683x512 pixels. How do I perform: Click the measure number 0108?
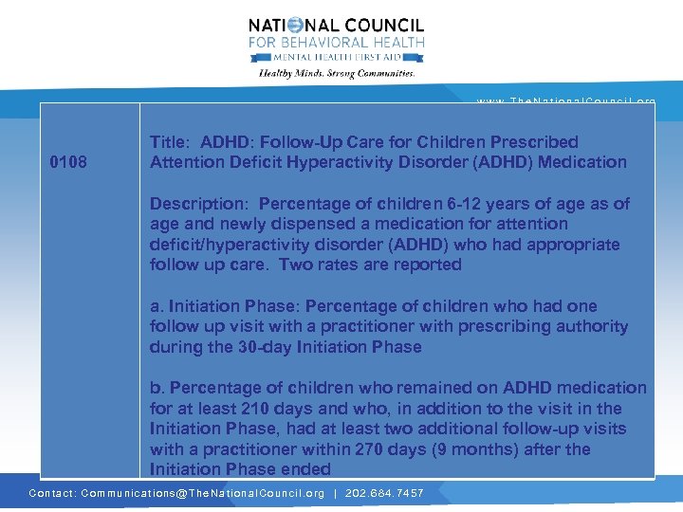tap(68, 162)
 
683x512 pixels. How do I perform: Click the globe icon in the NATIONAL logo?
tap(295, 26)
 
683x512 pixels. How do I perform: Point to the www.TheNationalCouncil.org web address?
tap(565, 101)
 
